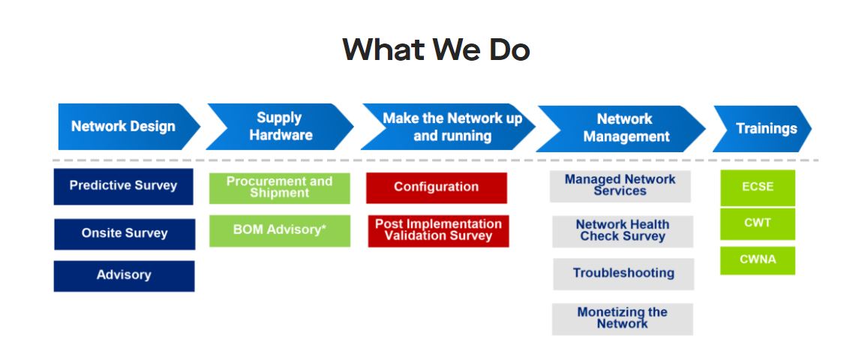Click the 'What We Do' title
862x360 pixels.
click(x=436, y=49)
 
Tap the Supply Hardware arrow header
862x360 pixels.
click(x=280, y=127)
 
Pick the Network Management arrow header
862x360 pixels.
click(x=621, y=128)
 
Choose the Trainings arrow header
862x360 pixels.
click(x=762, y=128)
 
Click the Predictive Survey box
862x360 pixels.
click(x=123, y=186)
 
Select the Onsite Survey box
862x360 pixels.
click(x=125, y=233)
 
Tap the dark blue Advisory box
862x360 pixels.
click(x=124, y=276)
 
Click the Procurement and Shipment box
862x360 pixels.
click(x=279, y=188)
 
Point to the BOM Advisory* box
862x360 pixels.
click(x=279, y=231)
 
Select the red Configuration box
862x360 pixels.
click(x=437, y=188)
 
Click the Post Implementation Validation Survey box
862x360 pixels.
click(x=438, y=231)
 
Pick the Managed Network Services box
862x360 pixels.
click(x=620, y=186)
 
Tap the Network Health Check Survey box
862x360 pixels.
click(x=623, y=232)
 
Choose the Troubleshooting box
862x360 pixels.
click(x=623, y=274)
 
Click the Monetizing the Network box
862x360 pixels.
click(x=623, y=319)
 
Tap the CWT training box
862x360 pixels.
click(x=758, y=224)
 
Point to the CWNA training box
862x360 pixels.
click(x=758, y=260)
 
